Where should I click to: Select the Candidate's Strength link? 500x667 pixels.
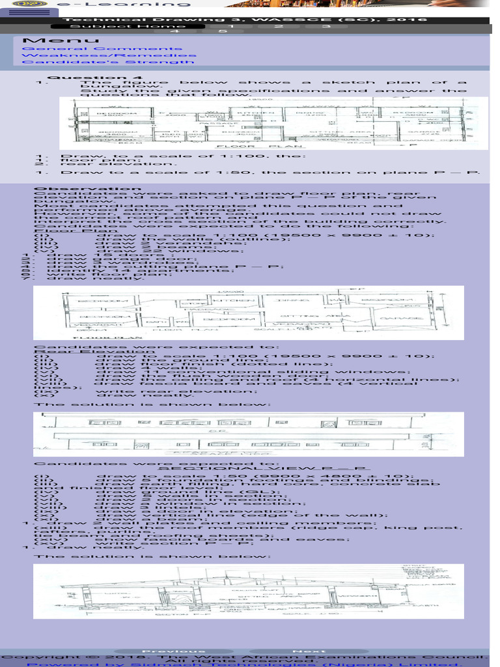tap(108, 62)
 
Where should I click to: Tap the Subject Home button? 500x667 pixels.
tap(118, 26)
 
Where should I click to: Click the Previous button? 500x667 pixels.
tap(164, 651)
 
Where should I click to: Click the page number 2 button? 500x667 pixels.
tap(278, 26)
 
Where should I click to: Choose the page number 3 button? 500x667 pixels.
tap(326, 26)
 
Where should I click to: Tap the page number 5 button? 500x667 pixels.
tap(222, 31)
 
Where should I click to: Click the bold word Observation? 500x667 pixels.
tap(64, 190)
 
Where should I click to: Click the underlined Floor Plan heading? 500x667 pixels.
tap(59, 230)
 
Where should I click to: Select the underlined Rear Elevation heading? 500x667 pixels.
tap(66, 352)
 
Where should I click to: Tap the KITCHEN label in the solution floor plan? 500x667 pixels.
tap(222, 301)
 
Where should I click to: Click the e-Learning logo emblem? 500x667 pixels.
tap(25, 3)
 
